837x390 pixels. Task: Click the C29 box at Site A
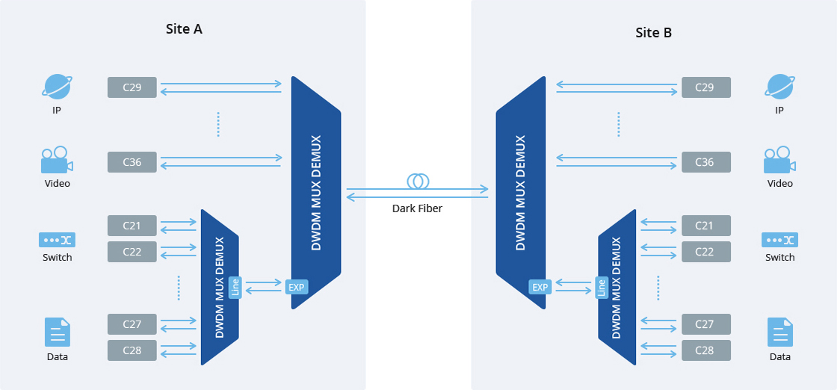(x=132, y=87)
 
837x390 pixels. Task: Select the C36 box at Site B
(x=705, y=162)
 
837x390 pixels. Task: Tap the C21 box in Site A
(x=132, y=226)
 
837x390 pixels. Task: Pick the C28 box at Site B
(x=705, y=350)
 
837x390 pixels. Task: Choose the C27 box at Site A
(x=132, y=324)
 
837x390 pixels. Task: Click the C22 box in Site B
(x=705, y=252)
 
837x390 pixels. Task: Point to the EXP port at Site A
(x=297, y=287)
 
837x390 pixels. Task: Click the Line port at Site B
(x=602, y=288)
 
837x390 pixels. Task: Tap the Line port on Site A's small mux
(x=235, y=288)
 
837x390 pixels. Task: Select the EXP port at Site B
(x=540, y=287)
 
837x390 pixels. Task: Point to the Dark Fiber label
(x=418, y=208)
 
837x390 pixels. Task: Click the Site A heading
(x=184, y=29)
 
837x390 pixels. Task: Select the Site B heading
(x=653, y=33)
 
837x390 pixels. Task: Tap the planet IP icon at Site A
(x=57, y=87)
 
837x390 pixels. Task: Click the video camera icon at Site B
(x=780, y=160)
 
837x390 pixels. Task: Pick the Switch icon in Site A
(x=57, y=240)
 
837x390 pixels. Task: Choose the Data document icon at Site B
(x=780, y=332)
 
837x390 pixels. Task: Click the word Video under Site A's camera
(x=57, y=184)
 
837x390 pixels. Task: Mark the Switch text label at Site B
(x=780, y=257)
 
